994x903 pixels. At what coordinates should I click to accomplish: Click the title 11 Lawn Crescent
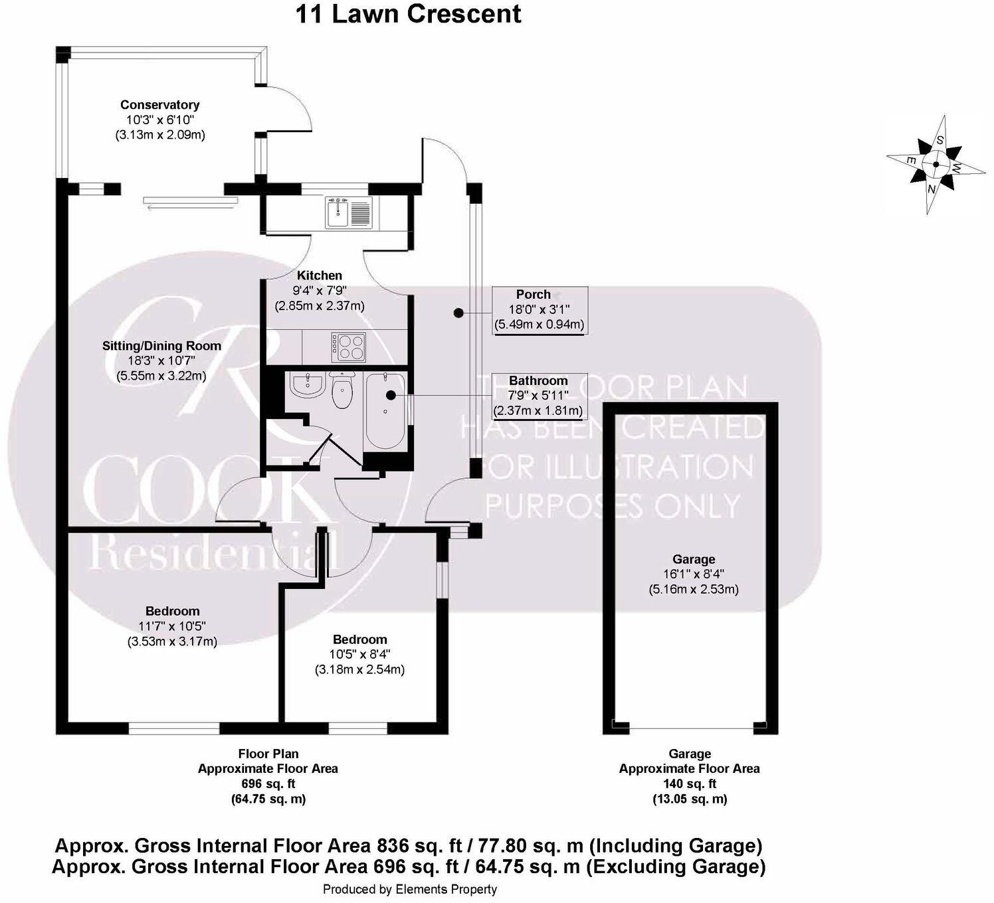408,13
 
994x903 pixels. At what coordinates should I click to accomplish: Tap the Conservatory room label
159,105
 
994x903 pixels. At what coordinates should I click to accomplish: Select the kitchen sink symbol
349,212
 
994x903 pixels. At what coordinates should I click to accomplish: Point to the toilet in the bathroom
343,391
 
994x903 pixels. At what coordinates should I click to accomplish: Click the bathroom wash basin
306,386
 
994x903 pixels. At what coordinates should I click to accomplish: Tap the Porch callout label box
539,309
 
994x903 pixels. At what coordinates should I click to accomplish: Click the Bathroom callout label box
538,396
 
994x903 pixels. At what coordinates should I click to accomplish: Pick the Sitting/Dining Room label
161,346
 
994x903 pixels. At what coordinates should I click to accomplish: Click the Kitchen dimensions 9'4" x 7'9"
320,291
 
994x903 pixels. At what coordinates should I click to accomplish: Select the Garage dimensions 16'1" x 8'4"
694,574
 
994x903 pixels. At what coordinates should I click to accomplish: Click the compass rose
935,165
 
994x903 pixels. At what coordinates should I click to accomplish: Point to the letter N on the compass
932,189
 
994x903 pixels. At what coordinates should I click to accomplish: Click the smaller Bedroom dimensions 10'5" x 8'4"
359,655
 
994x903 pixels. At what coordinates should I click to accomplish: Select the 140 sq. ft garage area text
690,783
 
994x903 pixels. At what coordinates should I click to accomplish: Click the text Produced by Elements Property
409,889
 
